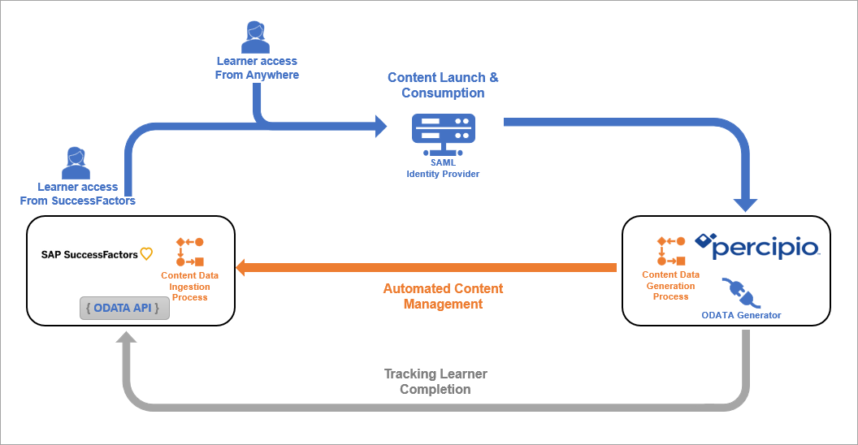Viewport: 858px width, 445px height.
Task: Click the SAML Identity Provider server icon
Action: pyautogui.click(x=443, y=133)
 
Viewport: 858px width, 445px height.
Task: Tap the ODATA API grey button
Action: pyautogui.click(x=124, y=309)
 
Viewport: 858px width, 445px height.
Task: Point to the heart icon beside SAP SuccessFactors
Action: pyautogui.click(x=146, y=254)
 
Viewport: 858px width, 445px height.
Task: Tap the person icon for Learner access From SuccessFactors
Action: pyautogui.click(x=76, y=163)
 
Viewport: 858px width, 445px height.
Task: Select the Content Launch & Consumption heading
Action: pyautogui.click(x=443, y=85)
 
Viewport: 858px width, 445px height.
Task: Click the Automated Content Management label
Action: pyautogui.click(x=443, y=296)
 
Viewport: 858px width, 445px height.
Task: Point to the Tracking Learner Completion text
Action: pyautogui.click(x=435, y=382)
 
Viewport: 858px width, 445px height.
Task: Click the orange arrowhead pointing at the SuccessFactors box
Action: pyautogui.click(x=243, y=267)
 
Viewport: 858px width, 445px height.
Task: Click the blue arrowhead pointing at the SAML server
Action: pyautogui.click(x=379, y=126)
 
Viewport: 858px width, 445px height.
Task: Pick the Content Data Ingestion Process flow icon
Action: pyautogui.click(x=189, y=252)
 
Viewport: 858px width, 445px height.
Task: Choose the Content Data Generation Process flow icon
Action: pyautogui.click(x=671, y=251)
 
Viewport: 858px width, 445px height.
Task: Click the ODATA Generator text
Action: pyautogui.click(x=741, y=315)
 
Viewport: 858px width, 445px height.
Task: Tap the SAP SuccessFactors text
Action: pyautogui.click(x=89, y=255)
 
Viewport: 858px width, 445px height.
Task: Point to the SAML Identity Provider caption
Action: pyautogui.click(x=443, y=168)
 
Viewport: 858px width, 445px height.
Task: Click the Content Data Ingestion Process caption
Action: pyautogui.click(x=189, y=287)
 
